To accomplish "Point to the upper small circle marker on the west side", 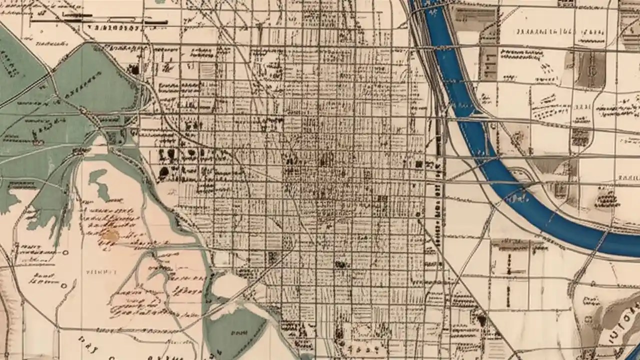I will (65, 253).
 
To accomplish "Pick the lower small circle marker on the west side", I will (63, 286).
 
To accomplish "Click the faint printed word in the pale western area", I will (101, 272).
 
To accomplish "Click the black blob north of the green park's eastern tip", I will (134, 69).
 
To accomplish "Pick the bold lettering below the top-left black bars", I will (112, 27).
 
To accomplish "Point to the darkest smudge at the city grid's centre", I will (326, 160).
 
